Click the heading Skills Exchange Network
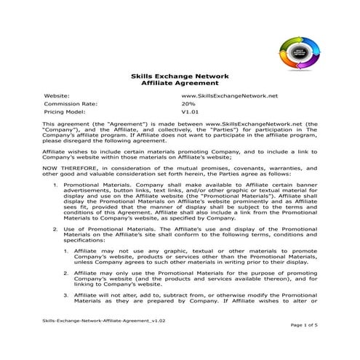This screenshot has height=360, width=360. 180,76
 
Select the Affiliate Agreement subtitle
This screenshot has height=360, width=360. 180,84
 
